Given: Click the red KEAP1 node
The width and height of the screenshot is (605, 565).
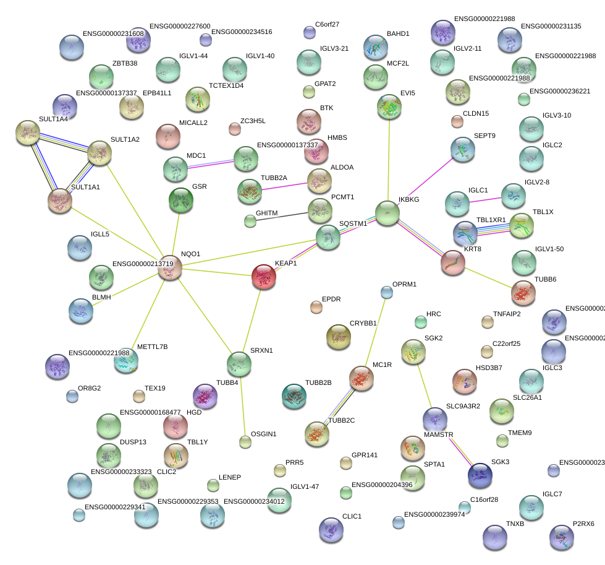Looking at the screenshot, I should point(264,276).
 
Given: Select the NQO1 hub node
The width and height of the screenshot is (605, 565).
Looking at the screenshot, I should point(169,268).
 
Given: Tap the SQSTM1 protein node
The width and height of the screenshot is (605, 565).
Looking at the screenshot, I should point(328,236).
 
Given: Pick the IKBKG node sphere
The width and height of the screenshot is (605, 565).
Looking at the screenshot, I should point(387,213).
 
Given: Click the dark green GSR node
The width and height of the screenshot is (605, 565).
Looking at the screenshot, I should point(180,200).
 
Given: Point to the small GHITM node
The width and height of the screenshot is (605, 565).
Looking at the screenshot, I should point(250,220).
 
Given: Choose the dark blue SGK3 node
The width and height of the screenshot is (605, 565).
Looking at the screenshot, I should point(480,475).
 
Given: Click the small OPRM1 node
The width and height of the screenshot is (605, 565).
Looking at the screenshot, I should point(387,291).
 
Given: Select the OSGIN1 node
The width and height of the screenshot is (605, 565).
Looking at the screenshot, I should point(245,442).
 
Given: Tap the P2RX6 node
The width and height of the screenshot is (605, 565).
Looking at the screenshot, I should point(561,537).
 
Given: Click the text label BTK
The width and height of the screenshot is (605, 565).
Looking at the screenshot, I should point(326,108).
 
